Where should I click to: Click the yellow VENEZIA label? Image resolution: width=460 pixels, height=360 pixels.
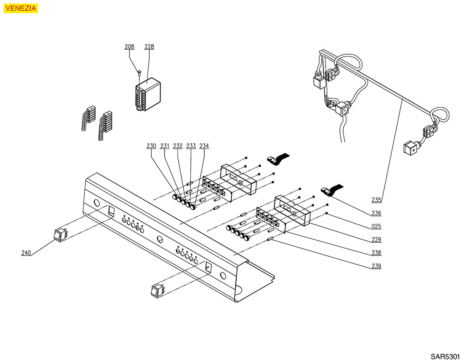[20, 8]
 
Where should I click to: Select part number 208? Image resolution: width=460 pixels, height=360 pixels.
[129, 47]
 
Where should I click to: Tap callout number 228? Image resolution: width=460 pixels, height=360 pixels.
[149, 47]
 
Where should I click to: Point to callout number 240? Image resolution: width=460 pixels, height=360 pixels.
[26, 253]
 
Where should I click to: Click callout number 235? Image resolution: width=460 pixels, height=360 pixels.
[376, 200]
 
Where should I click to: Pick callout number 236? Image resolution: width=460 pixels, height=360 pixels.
[376, 213]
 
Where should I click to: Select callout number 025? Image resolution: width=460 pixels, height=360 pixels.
[376, 227]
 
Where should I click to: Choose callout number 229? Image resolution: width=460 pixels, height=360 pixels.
[376, 240]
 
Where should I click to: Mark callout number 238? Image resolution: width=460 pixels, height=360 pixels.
[376, 253]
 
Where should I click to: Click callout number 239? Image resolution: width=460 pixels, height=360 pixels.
[376, 266]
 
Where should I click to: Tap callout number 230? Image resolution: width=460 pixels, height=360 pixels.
[151, 146]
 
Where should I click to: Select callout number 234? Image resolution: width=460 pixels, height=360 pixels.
[204, 146]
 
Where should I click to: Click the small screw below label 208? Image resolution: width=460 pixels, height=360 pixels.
[139, 72]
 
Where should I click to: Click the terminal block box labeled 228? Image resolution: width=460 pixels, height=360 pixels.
[148, 94]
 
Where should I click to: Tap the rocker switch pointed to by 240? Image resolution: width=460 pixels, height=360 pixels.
[60, 236]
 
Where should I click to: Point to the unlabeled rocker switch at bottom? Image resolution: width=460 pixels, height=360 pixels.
[157, 291]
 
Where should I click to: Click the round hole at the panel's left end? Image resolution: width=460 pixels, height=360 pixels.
[96, 203]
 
